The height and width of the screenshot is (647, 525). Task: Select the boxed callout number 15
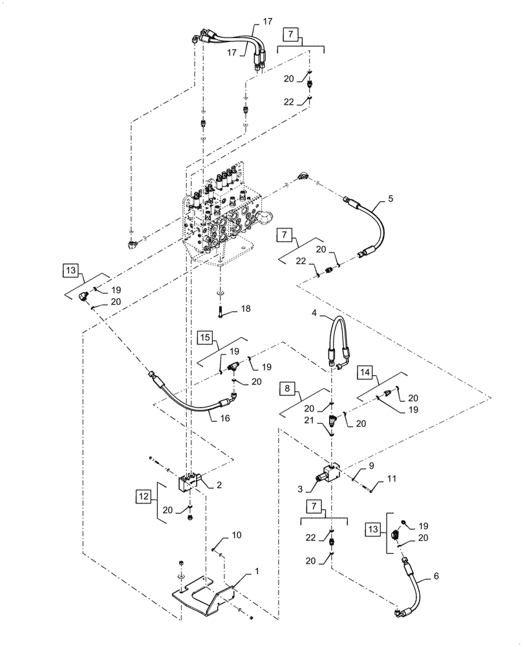coord(205,337)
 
